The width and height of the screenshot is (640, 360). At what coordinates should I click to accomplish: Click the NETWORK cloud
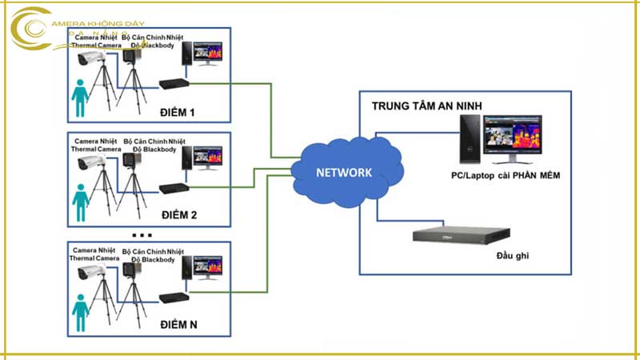[344, 173]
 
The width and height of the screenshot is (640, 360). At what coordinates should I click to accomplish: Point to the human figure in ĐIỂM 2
[80, 202]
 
